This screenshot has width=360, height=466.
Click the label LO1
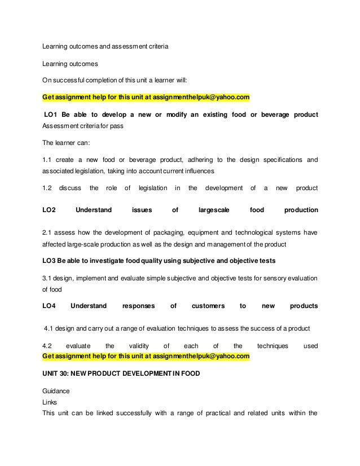pyautogui.click(x=52, y=115)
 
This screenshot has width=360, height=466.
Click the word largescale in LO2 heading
pyautogui.click(x=214, y=210)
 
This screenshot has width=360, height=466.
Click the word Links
pyautogui.click(x=51, y=402)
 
